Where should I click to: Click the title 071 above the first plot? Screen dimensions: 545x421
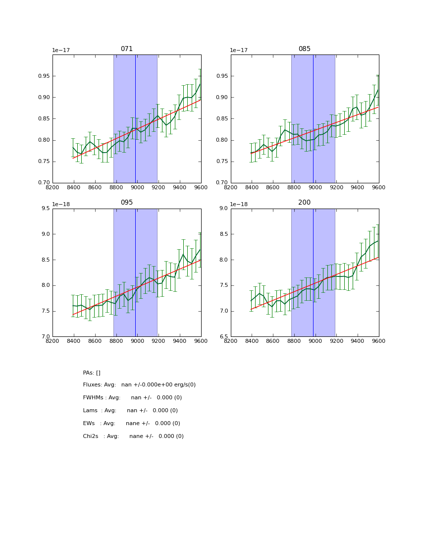(127, 49)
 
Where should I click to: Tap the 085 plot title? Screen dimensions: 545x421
(305, 49)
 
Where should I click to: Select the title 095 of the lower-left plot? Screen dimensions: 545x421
(127, 203)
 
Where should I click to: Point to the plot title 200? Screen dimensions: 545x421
(305, 203)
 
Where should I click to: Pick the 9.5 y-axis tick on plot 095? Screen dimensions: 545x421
(46, 209)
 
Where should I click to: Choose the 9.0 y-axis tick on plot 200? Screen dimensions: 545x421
(223, 209)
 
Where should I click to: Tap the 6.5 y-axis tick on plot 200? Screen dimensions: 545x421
(223, 337)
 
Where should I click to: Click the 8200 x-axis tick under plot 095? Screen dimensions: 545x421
(53, 340)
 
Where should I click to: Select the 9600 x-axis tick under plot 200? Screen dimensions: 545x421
(379, 340)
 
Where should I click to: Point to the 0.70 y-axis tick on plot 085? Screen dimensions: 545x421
(222, 183)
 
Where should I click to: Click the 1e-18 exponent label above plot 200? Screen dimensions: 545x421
(238, 204)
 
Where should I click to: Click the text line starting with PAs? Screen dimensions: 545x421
(92, 373)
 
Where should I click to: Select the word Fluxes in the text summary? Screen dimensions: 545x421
(92, 385)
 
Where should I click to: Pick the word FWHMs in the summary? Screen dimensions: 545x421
(94, 398)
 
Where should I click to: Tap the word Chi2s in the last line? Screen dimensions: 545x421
(91, 436)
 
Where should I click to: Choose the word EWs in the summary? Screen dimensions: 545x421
(90, 424)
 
